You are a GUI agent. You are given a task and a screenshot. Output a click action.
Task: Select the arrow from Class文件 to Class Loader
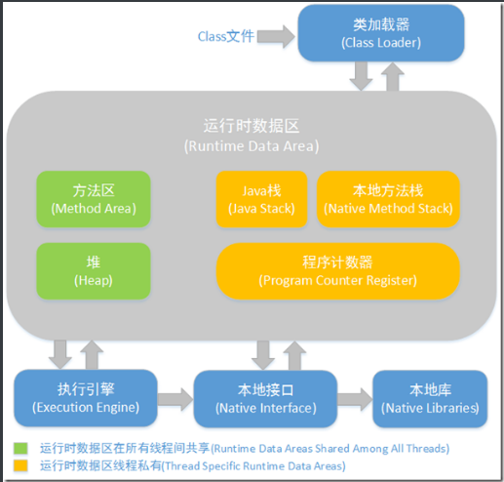(278, 37)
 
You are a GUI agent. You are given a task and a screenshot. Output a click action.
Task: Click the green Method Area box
(94, 199)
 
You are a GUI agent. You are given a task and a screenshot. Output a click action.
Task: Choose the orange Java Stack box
(261, 199)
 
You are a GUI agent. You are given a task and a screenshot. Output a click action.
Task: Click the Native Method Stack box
(388, 199)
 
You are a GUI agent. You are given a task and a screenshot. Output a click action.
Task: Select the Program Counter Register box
(337, 270)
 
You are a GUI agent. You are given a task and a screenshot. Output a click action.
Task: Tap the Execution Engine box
(84, 397)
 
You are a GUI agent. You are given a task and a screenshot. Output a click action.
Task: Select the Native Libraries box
(429, 397)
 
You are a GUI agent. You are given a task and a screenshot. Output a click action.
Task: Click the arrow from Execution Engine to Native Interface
(174, 398)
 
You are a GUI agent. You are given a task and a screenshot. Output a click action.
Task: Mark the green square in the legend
(20, 448)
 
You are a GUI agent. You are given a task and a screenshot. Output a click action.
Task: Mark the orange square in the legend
(20, 466)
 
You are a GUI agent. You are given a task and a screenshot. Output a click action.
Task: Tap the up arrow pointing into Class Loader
(394, 75)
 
